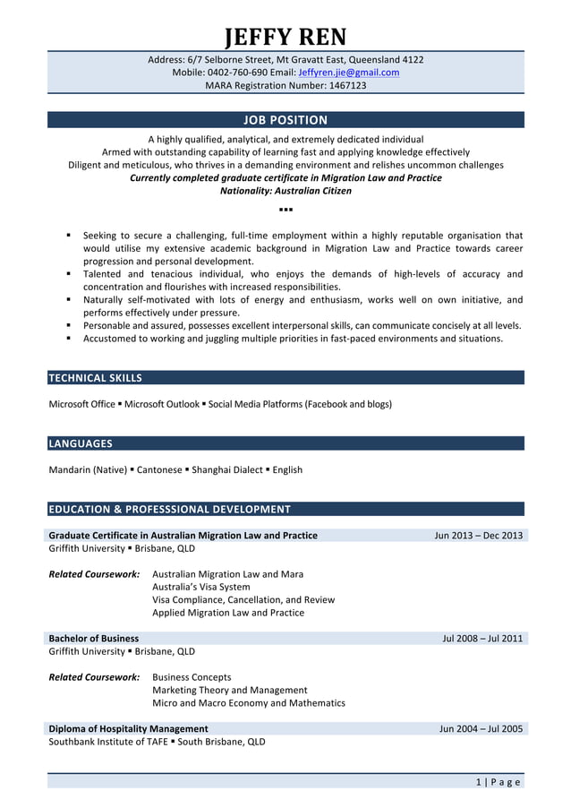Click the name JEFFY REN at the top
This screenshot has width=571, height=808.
pos(285,37)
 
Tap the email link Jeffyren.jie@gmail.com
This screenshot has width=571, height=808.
pos(348,73)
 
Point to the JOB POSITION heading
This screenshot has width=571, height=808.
pos(285,120)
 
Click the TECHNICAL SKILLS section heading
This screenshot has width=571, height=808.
pos(95,378)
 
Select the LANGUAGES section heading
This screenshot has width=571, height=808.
pos(81,443)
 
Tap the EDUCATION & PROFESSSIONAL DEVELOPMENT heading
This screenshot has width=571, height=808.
pos(169,510)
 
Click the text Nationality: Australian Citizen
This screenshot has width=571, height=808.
pos(285,191)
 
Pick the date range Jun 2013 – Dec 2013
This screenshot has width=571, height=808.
pos(478,536)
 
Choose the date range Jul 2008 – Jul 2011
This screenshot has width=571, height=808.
pos(482,639)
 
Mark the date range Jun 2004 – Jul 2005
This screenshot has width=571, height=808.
pos(481,729)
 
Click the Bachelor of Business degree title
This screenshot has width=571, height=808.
pos(94,639)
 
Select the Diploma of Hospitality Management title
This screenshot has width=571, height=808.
pos(128,729)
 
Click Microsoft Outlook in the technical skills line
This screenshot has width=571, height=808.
pos(162,404)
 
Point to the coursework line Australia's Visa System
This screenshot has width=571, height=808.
pos(201,588)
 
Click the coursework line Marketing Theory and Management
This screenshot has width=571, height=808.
pos(230,691)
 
